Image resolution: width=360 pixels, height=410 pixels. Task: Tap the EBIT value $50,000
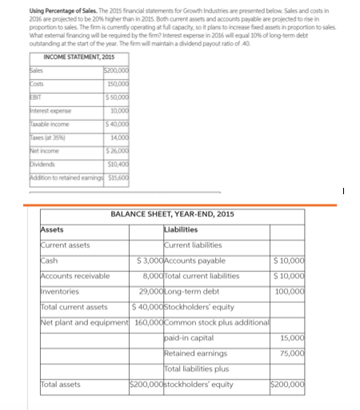(x=118, y=96)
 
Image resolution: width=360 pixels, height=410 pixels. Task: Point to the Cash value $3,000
(x=150, y=261)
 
